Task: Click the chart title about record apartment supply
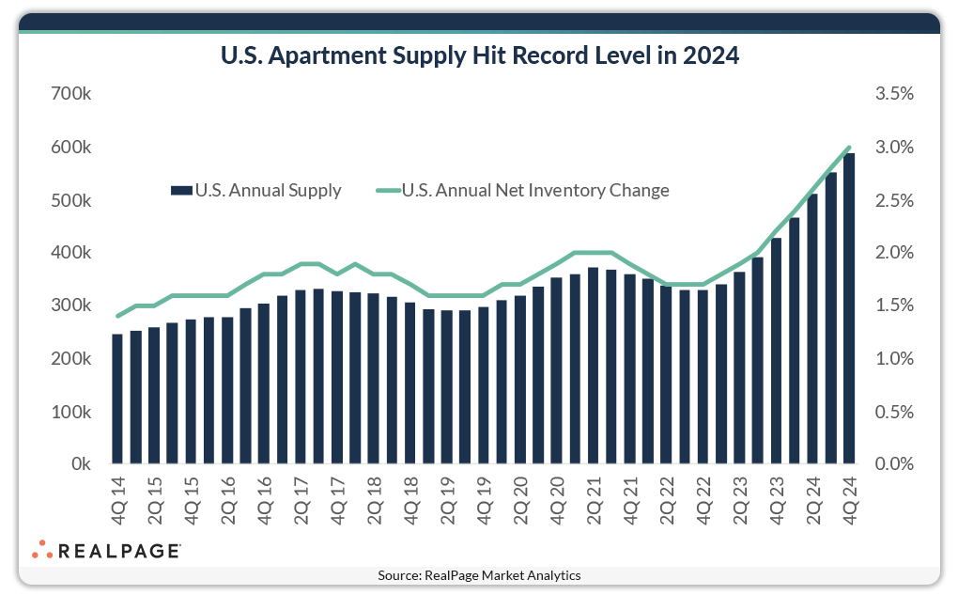coord(479,56)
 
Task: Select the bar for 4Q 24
coord(849,310)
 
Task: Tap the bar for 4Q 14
coord(117,399)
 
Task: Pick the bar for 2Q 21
coord(593,367)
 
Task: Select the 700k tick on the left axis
coord(70,95)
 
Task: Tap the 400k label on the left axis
coord(70,253)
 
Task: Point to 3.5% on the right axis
coord(893,95)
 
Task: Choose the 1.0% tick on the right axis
coord(893,359)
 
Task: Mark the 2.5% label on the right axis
coord(893,201)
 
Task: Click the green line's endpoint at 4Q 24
coord(849,148)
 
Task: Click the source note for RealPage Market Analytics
coord(479,575)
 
